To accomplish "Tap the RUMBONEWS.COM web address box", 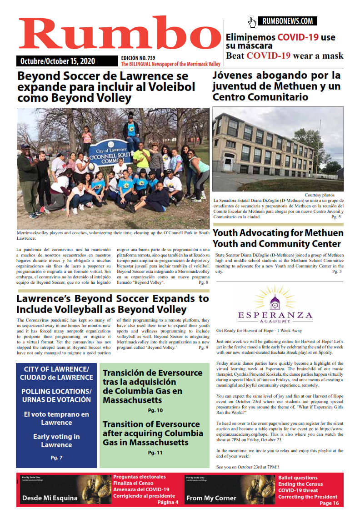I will click(287, 21).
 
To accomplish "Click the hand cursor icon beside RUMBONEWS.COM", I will click(252, 22).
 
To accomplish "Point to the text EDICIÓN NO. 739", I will click(138, 58).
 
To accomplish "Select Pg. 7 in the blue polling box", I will click(56, 457).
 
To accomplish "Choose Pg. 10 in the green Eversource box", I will click(152, 410).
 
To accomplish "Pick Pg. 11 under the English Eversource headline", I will click(152, 453).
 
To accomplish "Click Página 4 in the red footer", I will click(168, 502).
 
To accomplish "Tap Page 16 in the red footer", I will click(329, 503).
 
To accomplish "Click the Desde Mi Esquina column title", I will click(50, 498).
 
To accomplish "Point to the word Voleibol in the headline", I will click(168, 87).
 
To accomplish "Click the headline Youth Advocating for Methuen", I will click(278, 233).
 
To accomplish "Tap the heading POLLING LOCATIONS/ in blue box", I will click(56, 392).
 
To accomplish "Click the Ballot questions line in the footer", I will click(298, 478).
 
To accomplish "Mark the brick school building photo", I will click(278, 149).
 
